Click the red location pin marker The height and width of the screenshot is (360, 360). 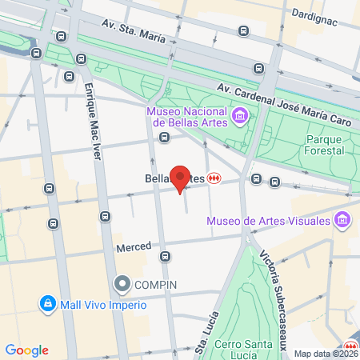tap(180, 179)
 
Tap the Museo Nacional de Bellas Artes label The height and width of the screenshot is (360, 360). tap(186, 117)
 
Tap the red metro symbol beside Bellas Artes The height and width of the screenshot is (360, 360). tap(214, 178)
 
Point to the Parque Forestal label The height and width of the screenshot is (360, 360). tap(325, 144)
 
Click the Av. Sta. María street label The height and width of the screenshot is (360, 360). tap(134, 30)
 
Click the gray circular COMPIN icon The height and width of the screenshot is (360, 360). tap(122, 283)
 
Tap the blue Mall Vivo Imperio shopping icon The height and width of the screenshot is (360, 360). tap(48, 305)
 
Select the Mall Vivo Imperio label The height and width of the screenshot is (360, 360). tap(102, 305)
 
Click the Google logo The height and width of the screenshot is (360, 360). tap(27, 350)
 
